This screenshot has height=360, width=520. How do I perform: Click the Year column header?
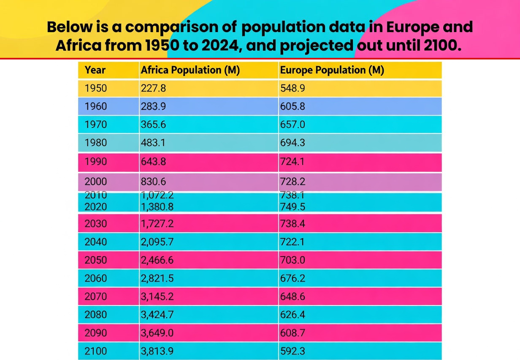(95, 70)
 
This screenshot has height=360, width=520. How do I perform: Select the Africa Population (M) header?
(190, 70)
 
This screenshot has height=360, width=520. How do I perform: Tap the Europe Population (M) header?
(332, 70)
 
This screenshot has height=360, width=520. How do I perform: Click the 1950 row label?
(96, 88)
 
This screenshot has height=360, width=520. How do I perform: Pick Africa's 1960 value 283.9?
(153, 106)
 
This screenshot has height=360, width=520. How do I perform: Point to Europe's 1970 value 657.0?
(292, 125)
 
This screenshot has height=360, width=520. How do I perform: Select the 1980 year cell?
(96, 143)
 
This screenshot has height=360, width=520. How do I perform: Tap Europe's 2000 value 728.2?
(292, 181)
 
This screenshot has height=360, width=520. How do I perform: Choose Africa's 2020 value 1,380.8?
(157, 206)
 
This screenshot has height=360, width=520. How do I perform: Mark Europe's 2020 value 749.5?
(292, 206)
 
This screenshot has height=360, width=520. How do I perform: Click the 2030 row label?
(96, 224)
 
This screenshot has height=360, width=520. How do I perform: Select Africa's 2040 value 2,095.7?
(157, 242)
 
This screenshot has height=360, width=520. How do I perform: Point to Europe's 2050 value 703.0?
(292, 260)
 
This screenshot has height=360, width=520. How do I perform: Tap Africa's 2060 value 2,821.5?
(157, 278)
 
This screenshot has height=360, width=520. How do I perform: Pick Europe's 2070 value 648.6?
(292, 296)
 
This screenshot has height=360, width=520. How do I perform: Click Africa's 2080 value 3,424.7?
(157, 314)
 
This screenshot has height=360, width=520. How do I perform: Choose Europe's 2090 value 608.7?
(292, 333)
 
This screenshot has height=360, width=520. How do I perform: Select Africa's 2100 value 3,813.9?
(157, 351)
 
